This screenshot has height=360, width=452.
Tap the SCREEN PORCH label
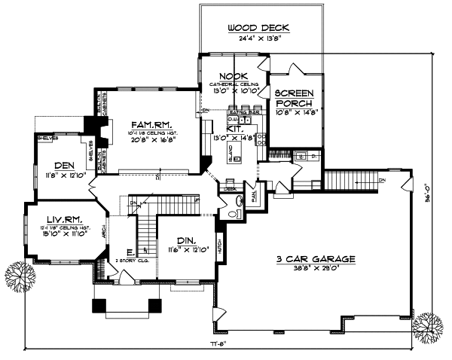click(293, 98)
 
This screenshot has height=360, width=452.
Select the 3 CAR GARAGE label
click(315, 258)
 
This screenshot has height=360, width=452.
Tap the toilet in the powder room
click(239, 202)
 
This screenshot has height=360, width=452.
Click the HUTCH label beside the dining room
click(220, 246)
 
